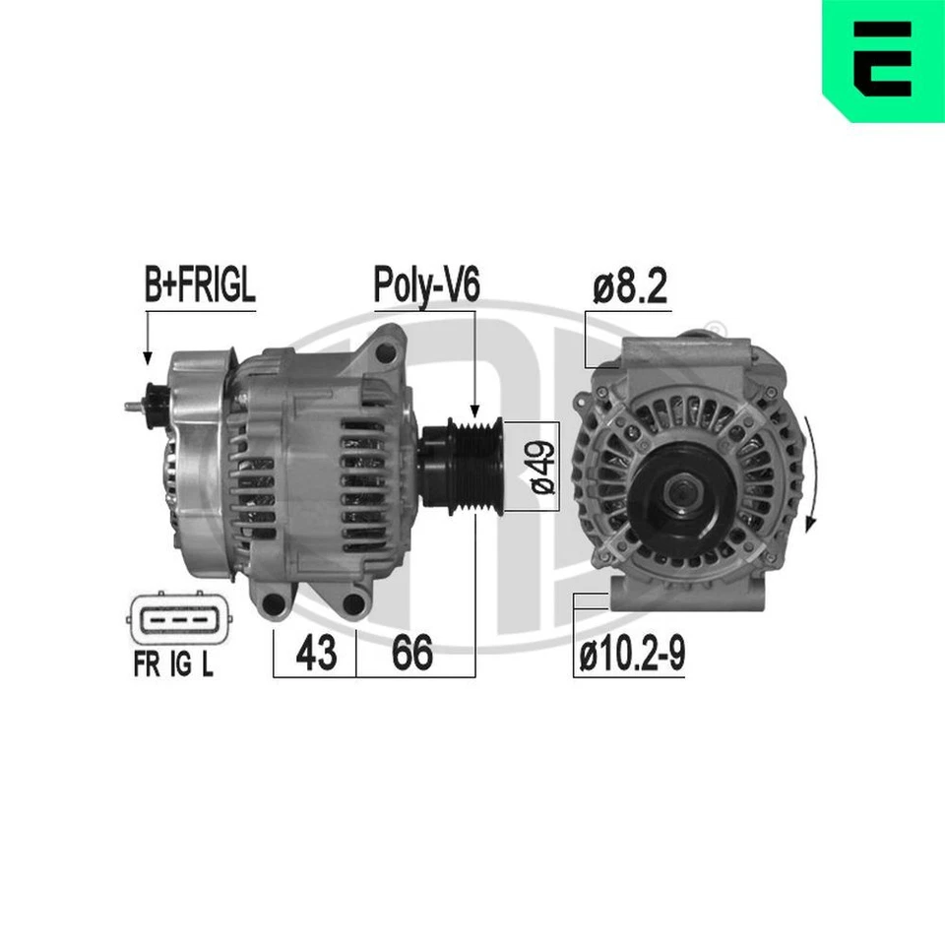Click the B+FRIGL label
(200, 286)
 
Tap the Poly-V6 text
(425, 286)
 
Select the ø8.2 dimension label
(631, 286)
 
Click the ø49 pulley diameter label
(540, 466)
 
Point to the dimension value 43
(315, 654)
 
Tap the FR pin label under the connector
(148, 666)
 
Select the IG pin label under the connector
(180, 666)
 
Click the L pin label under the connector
(208, 666)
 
